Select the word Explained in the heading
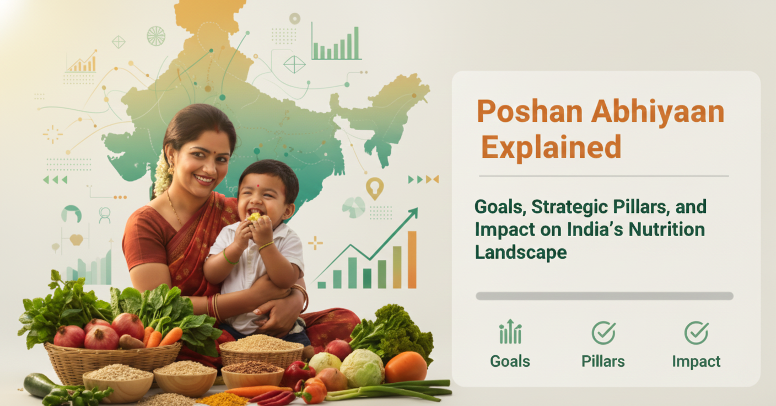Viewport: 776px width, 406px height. tap(551, 148)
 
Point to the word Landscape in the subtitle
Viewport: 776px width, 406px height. tap(520, 252)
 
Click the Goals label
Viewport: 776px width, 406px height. tap(510, 362)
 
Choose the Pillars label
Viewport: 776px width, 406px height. tap(603, 362)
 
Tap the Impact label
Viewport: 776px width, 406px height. tap(696, 362)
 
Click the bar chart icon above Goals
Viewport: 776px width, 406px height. tap(510, 332)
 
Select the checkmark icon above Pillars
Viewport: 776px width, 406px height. tap(603, 333)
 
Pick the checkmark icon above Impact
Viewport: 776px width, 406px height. tap(696, 333)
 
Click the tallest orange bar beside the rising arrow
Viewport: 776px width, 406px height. tap(412, 260)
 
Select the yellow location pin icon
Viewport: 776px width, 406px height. tap(374, 188)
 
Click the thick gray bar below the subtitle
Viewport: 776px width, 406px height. tap(604, 296)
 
